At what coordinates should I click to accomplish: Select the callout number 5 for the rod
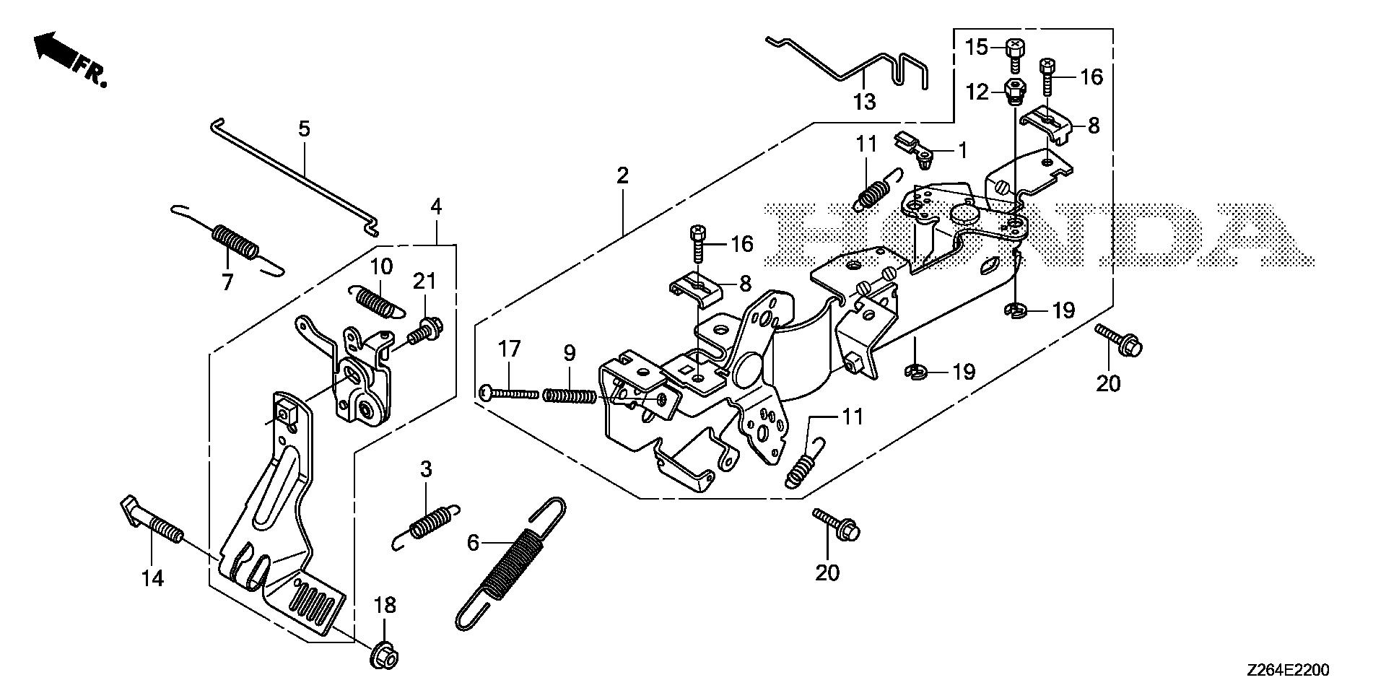point(304,129)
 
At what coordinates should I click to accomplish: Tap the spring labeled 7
point(234,241)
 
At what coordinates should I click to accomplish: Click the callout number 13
point(864,102)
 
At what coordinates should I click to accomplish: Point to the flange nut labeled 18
point(385,658)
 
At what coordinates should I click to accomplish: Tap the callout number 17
point(509,350)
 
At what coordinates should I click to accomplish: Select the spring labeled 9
point(570,396)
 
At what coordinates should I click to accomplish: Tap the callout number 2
point(622,175)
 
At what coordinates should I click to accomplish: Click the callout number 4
point(436,206)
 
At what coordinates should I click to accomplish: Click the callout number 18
point(385,606)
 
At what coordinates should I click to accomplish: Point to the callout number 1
point(962,150)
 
